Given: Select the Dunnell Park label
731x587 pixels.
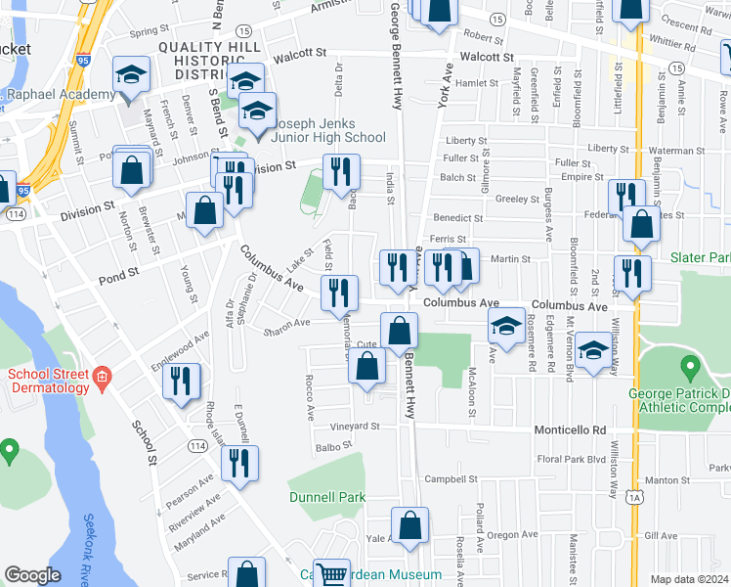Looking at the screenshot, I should click(327, 497).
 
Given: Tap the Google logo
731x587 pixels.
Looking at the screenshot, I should click(32, 575).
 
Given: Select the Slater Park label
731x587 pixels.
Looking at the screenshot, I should click(700, 257).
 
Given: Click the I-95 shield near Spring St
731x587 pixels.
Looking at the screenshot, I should click(81, 61).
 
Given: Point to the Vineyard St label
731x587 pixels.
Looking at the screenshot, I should click(354, 427).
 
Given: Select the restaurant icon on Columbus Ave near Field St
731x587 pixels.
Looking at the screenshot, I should click(339, 291).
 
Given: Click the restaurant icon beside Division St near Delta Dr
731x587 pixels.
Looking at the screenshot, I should click(341, 172).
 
